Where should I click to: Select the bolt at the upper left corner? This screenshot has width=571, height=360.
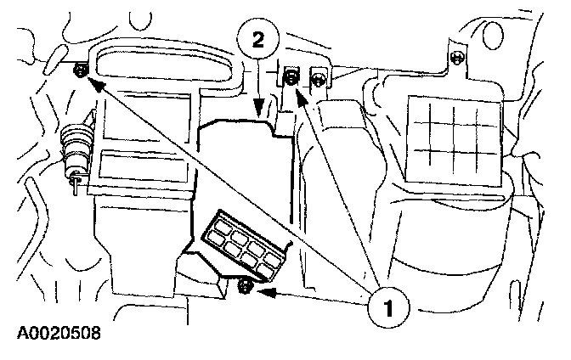pyautogui.click(x=79, y=70)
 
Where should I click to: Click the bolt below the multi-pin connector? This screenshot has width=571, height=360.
pyautogui.click(x=245, y=287)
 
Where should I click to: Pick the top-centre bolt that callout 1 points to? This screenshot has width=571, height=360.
pyautogui.click(x=291, y=78)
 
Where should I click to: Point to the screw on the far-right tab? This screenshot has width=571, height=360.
pyautogui.click(x=459, y=58)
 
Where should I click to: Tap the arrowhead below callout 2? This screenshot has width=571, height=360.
pyautogui.click(x=258, y=107)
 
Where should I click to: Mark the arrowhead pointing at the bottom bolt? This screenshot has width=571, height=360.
pyautogui.click(x=263, y=294)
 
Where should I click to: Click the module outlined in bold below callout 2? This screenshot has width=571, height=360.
pyautogui.click(x=246, y=170)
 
